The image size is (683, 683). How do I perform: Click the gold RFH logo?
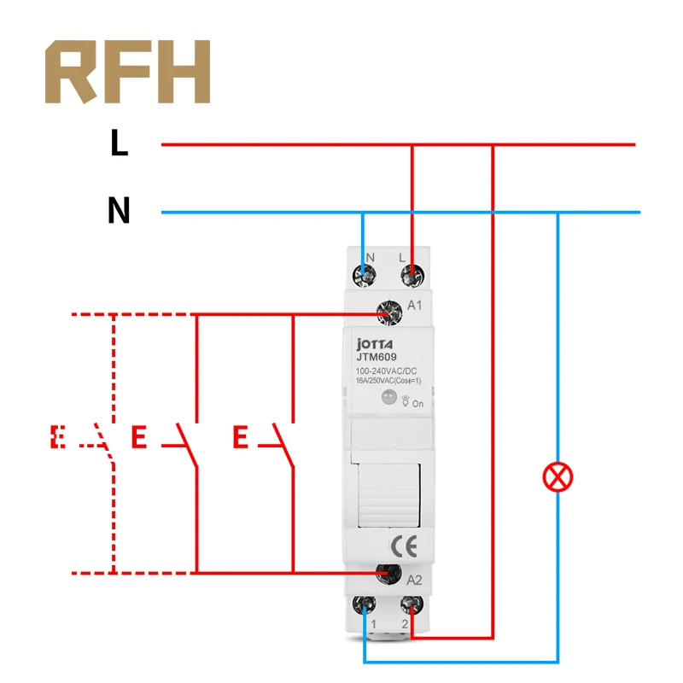point(127,72)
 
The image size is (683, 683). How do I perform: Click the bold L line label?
point(119,143)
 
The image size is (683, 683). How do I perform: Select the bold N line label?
point(119,210)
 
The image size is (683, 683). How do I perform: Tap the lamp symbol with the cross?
point(558,477)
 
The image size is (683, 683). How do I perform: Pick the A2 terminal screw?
point(388,574)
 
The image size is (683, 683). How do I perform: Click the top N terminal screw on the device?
point(367,275)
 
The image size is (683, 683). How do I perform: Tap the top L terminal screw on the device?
point(412,275)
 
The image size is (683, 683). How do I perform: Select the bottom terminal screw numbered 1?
point(366,605)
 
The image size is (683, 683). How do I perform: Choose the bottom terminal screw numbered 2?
point(412,605)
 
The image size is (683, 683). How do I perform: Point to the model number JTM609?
point(376,357)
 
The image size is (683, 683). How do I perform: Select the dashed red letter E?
point(58,437)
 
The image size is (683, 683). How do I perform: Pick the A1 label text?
point(416,306)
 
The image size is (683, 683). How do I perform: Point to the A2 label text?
point(416,581)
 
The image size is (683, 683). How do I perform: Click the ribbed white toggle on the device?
point(389,493)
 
